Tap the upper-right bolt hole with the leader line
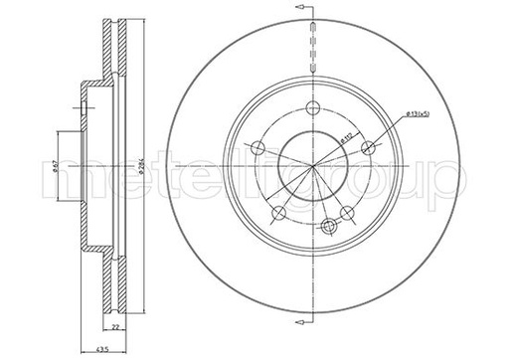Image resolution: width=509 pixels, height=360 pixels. click(x=369, y=149)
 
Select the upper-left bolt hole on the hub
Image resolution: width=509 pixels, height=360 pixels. click(x=257, y=149)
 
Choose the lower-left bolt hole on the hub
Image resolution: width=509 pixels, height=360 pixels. click(x=279, y=214)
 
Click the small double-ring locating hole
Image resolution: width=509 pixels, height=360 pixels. click(x=327, y=228)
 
